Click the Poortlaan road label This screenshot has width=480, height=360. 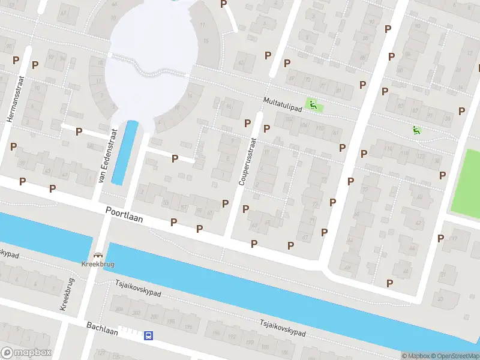[x=124, y=214]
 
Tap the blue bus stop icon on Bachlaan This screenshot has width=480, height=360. [x=148, y=336]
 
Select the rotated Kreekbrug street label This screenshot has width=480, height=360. [x=67, y=294]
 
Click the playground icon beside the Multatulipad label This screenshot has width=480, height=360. [x=312, y=105]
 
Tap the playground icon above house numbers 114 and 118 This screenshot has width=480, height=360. [x=415, y=130]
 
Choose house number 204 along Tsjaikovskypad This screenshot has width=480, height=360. [x=119, y=310]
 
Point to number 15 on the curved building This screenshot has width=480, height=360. [x=206, y=41]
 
